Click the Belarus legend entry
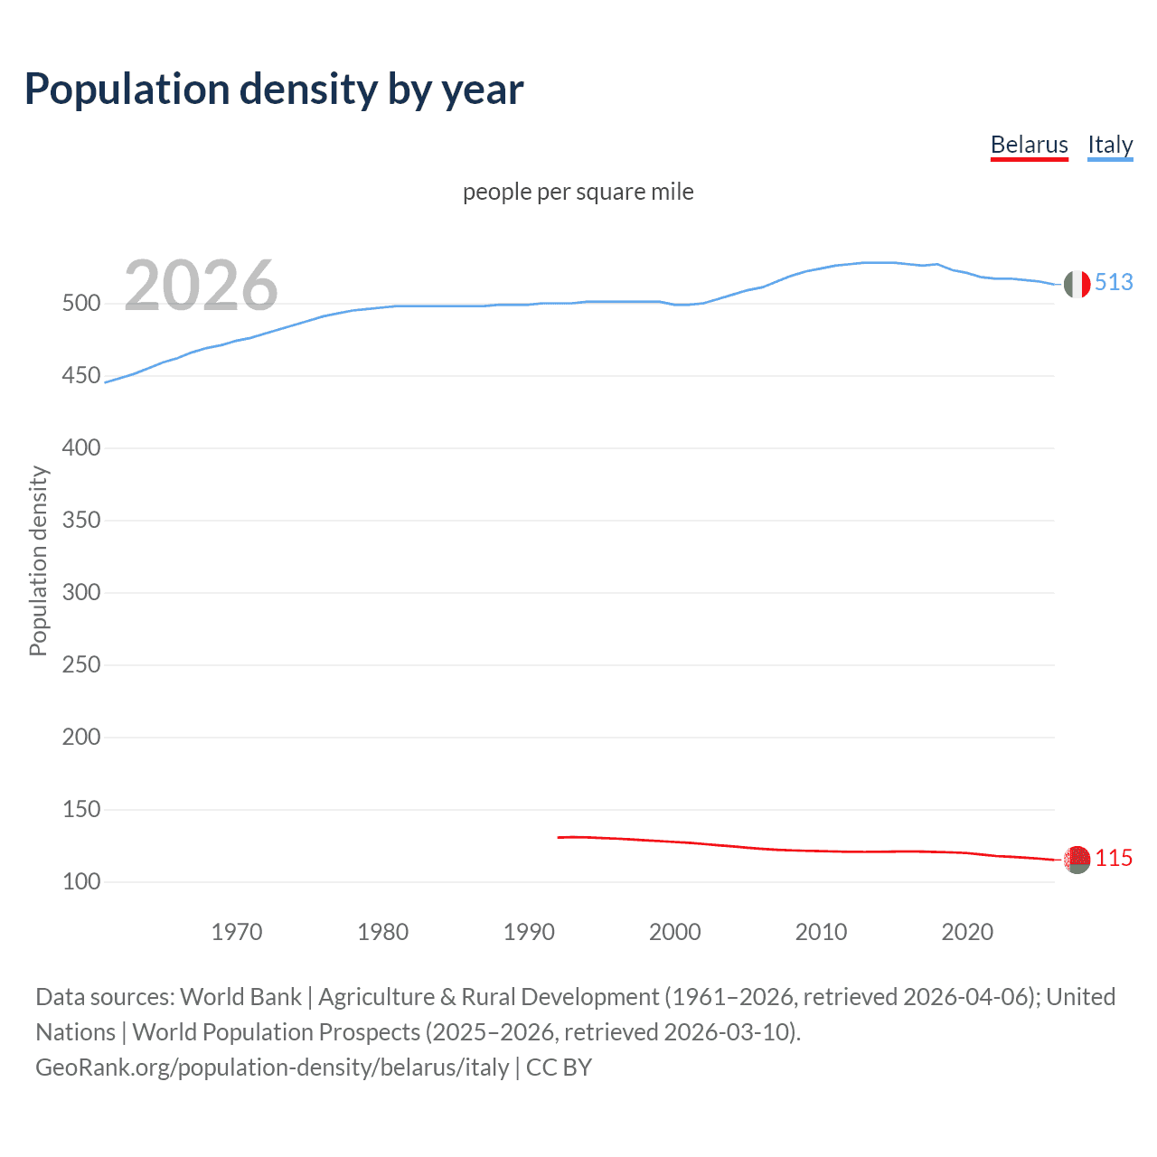(1029, 146)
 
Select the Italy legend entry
(1110, 146)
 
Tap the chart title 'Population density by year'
(274, 89)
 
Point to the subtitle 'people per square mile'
(578, 192)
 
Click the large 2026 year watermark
(201, 286)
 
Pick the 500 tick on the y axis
(81, 304)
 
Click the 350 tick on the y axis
(81, 521)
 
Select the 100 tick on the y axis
(81, 882)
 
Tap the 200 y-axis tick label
(81, 738)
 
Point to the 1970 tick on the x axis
(237, 932)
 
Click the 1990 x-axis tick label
(529, 932)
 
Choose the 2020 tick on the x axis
(967, 932)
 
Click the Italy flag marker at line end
(1077, 284)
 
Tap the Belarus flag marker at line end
(1077, 860)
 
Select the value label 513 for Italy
(1114, 283)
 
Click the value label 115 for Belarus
(1114, 859)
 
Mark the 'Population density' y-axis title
(38, 560)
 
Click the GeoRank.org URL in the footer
(272, 1068)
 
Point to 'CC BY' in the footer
(559, 1068)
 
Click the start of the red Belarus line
(559, 838)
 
